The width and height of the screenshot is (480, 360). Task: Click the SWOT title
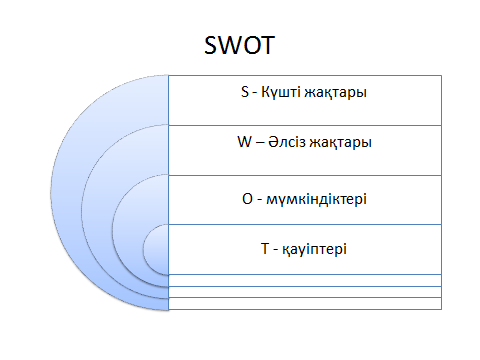[239, 45]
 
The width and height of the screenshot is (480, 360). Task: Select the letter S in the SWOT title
[211, 45]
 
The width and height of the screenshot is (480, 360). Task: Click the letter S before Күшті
[245, 92]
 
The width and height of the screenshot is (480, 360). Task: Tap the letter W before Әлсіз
[244, 142]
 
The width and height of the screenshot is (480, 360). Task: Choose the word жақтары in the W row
[340, 143]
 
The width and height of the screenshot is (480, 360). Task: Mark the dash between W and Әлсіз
[260, 143]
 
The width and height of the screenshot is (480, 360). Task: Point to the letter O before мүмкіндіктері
[247, 199]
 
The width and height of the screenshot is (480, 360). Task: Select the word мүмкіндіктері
[316, 200]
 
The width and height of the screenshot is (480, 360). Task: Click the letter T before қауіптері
[265, 249]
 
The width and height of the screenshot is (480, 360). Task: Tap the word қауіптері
[314, 250]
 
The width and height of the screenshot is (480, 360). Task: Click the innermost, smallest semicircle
[156, 249]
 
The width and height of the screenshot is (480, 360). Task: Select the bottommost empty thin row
[305, 303]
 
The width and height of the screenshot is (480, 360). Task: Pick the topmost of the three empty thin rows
[305, 280]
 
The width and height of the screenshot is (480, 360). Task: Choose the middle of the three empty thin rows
[305, 292]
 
